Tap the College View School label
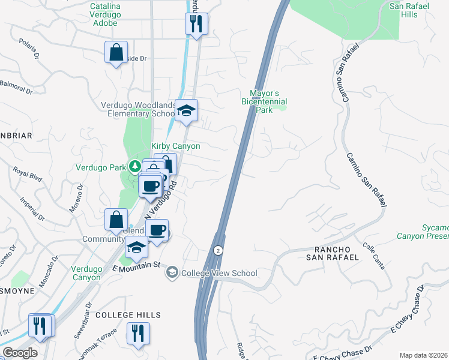click(x=219, y=274)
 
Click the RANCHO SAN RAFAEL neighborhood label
click(x=333, y=253)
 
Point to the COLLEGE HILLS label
click(x=128, y=315)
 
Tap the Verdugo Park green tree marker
click(x=136, y=166)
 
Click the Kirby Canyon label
click(x=175, y=146)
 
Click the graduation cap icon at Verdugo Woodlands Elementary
click(x=187, y=110)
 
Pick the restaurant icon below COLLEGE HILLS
click(x=139, y=333)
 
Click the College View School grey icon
click(x=172, y=273)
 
